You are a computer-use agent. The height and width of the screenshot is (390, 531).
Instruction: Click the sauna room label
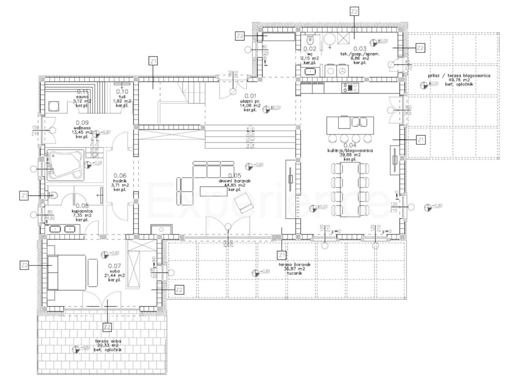coord(82,97)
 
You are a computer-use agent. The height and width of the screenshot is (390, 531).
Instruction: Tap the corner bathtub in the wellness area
coord(65,165)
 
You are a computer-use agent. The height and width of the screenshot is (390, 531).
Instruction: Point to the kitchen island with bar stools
coord(350,125)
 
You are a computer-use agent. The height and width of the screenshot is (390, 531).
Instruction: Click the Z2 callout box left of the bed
coord(25,265)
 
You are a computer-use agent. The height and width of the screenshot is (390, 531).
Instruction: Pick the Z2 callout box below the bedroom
coord(107,327)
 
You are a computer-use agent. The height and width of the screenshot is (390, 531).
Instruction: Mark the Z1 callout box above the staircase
coord(154,61)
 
